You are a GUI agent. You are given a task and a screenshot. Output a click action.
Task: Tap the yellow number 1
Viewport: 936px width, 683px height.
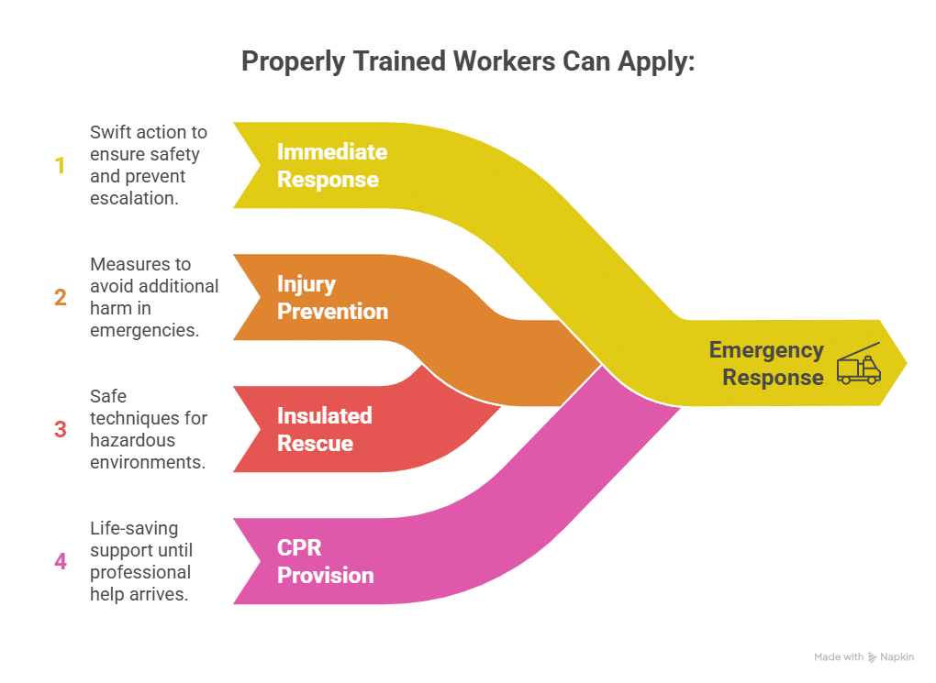tap(61, 166)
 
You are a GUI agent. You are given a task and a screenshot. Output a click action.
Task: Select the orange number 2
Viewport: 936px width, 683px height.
tap(61, 298)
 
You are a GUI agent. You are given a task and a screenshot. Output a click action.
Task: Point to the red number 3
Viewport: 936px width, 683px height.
tap(61, 429)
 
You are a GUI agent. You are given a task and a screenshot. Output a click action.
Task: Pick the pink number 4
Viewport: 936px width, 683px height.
tap(61, 561)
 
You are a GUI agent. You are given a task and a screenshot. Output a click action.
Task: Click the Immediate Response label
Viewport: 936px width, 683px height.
tap(332, 165)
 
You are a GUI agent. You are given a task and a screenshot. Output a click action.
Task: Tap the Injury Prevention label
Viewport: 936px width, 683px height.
tap(332, 297)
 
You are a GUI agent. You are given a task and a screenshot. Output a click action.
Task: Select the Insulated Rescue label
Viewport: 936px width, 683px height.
tap(325, 429)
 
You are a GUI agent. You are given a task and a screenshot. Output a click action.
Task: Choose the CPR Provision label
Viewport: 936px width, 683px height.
tap(325, 561)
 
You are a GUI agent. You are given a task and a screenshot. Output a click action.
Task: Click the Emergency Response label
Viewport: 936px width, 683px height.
tap(766, 363)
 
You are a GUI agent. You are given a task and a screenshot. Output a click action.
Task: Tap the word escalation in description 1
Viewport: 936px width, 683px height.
tap(134, 198)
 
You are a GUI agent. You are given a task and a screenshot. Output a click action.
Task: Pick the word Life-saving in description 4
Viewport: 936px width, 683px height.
tap(134, 528)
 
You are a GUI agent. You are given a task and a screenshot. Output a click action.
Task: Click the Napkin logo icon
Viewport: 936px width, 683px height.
tap(873, 657)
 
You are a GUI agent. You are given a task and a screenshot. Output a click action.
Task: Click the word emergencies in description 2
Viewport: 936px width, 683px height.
tap(144, 330)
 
